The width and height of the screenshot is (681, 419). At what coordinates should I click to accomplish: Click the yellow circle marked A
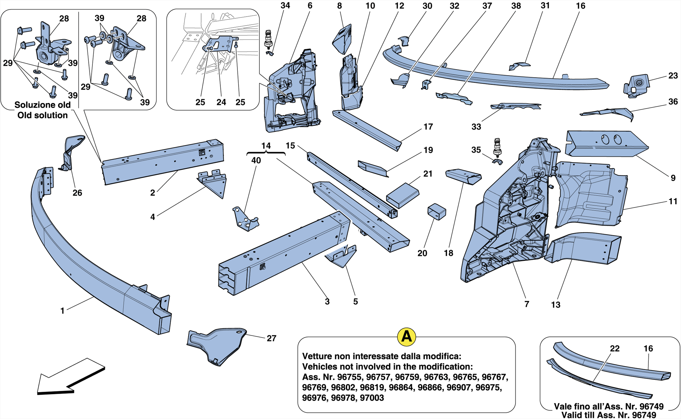pos(406,337)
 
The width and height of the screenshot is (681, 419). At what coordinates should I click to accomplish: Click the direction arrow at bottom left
pos(70,377)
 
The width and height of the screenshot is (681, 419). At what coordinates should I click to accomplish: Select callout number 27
pos(271,338)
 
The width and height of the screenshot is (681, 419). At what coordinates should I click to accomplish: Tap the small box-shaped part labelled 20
pos(437,212)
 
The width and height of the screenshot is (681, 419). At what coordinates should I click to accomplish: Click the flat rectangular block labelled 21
pos(403,195)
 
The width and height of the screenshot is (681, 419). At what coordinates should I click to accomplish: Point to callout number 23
pos(673,76)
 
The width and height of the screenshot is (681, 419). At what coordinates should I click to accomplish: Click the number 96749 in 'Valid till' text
pos(643,415)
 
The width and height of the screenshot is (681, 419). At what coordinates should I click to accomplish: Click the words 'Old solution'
pos(42,115)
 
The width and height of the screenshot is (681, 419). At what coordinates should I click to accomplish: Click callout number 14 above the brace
pos(266,146)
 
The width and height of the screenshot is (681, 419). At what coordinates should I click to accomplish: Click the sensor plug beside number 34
pos(269,39)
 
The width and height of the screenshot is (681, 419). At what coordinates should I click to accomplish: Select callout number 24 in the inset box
pos(221,102)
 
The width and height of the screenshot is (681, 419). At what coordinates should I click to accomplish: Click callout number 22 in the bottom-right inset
pos(614,349)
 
